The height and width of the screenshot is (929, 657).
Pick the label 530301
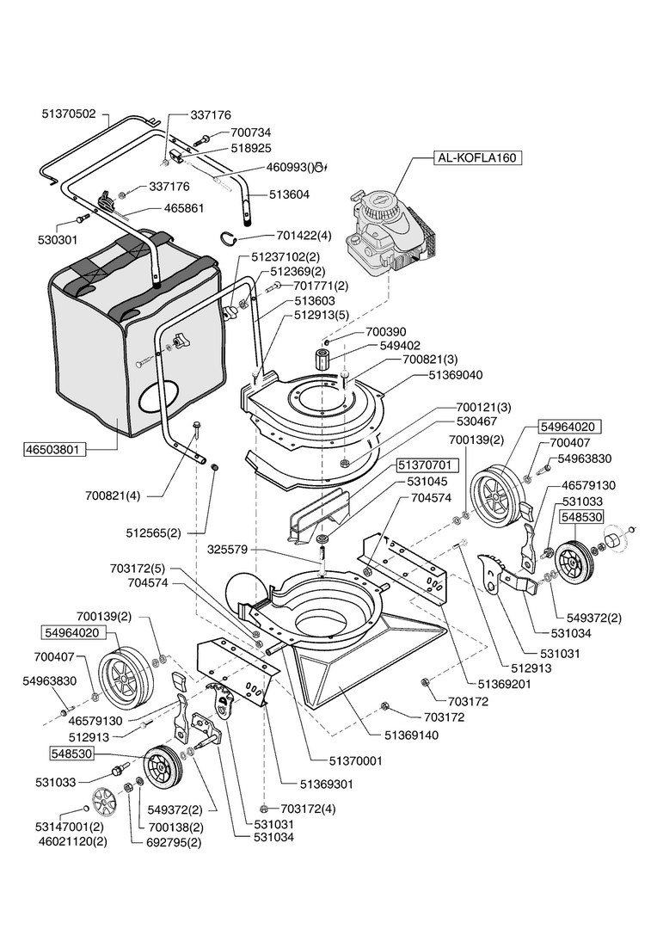[x=59, y=239]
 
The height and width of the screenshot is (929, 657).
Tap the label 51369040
[x=455, y=375]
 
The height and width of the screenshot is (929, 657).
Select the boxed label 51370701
[x=427, y=465]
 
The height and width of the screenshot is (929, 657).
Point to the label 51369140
[x=411, y=735]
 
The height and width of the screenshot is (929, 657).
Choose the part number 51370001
[x=355, y=761]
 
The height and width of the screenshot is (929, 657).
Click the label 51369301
[x=326, y=784]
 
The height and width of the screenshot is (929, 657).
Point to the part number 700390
[x=386, y=331]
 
